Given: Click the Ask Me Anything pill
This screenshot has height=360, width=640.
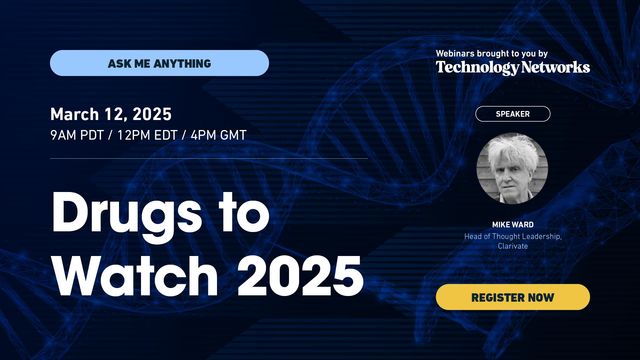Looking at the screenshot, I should pos(159,63).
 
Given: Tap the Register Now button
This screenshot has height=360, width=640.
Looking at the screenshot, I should pos(512,297).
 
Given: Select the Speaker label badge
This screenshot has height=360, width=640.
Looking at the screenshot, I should pos(512,114).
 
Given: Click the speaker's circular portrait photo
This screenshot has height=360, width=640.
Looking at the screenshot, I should pos(512,169).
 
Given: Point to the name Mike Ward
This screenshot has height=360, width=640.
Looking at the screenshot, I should pos(512,226).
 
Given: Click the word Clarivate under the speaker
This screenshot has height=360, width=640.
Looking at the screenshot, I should pos(512,246).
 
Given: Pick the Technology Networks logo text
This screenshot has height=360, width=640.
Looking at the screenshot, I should pos(512,67).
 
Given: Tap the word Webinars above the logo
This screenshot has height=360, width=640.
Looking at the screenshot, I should pos(462,52).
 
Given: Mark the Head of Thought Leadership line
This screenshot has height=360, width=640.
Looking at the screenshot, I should pos(512,236).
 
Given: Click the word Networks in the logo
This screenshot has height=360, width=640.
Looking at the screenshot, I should pos(556,67).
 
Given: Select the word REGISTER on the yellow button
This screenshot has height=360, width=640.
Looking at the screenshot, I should pos(497,297).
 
